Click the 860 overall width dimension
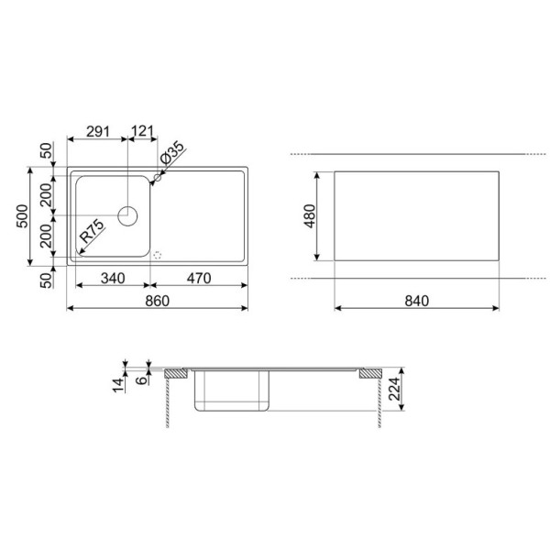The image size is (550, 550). tap(157, 301)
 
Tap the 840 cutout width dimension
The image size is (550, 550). tap(417, 301)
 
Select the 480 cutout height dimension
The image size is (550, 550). tap(310, 216)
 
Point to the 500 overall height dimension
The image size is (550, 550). tap(22, 216)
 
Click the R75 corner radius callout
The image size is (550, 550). tap(93, 231)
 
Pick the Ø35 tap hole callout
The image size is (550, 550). tap(172, 152)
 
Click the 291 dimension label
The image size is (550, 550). tap(98, 131)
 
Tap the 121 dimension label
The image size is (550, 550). tap(142, 131)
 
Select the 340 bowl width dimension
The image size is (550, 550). tap(113, 279)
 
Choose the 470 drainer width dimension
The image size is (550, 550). tap(199, 279)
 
